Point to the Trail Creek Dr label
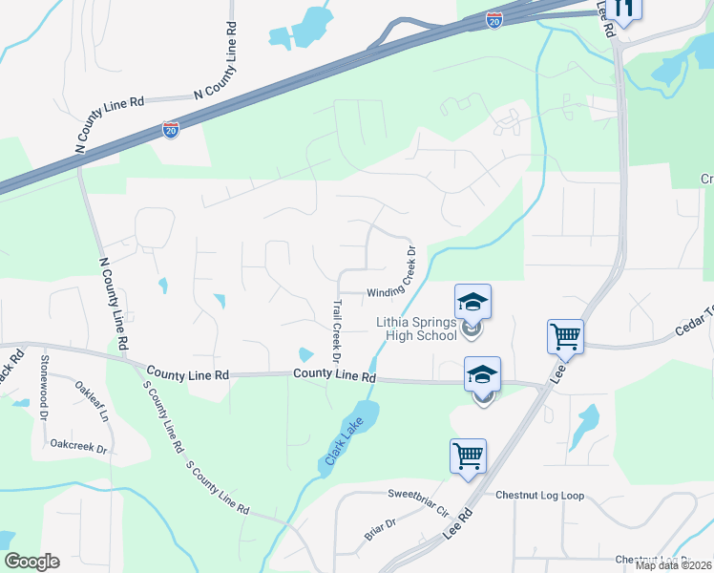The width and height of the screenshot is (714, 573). point(336,331)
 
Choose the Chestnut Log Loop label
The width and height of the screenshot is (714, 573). point(539,496)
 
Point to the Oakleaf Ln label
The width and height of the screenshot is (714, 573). point(92,402)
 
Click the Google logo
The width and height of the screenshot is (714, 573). point(31,562)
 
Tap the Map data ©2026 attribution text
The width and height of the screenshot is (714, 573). point(673,565)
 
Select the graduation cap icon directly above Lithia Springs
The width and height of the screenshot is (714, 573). point(472,303)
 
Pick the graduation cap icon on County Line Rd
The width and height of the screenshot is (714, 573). point(482,374)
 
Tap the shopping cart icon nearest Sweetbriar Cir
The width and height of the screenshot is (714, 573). point(468,456)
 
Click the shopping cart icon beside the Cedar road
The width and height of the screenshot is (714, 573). point(565,336)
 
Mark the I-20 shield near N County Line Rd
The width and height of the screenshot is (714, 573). point(171,129)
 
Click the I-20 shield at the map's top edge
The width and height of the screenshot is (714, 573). point(493,20)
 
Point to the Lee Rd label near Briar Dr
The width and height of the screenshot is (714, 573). point(458,528)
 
